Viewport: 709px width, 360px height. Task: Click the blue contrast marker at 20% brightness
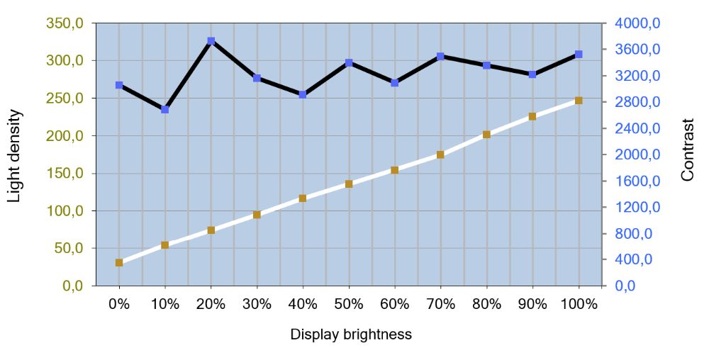click(x=211, y=41)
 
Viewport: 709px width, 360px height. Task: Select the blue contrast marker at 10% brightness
click(x=165, y=110)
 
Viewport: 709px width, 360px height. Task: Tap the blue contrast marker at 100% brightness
click(x=579, y=55)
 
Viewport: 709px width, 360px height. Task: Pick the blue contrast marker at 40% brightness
click(x=303, y=94)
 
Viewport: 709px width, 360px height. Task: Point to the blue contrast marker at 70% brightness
click(x=440, y=56)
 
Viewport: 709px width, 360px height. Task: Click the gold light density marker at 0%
click(x=119, y=263)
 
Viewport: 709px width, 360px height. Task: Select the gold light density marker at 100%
click(x=579, y=101)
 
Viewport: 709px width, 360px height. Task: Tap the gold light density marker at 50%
click(x=349, y=184)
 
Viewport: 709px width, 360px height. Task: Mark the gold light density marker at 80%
click(x=486, y=134)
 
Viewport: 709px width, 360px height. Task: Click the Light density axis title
click(x=15, y=156)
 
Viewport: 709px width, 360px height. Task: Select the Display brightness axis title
click(x=351, y=334)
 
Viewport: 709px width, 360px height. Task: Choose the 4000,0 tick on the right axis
click(x=637, y=23)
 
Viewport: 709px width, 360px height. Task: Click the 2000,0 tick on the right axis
click(x=637, y=154)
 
